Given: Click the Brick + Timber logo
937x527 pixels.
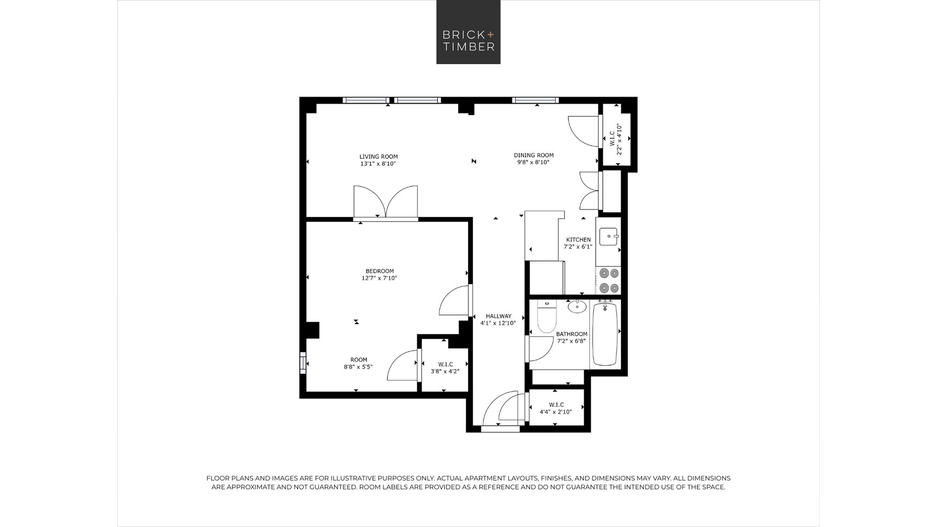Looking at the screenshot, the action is [x=468, y=32].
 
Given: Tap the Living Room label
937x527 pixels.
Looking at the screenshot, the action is [x=379, y=157].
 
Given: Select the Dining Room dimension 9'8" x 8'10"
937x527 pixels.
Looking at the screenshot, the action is [x=533, y=163].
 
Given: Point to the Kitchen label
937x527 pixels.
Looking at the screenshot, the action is [x=578, y=240].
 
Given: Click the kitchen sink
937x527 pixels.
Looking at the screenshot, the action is [x=608, y=237].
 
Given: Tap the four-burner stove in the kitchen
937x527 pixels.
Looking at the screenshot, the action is [x=609, y=280].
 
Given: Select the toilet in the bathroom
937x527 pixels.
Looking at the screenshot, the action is [x=546, y=317].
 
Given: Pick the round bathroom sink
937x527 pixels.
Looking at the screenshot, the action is [x=577, y=307].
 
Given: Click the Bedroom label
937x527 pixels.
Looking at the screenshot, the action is [x=379, y=271].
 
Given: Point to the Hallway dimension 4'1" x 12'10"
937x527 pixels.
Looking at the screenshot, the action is [x=498, y=323].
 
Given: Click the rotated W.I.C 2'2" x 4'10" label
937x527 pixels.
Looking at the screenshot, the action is [x=615, y=139].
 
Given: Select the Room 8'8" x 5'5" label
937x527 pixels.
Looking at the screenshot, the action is [x=358, y=364].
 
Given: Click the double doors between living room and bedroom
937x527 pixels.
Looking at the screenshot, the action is [x=386, y=202].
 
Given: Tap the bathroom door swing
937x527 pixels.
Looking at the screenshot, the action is [x=541, y=349].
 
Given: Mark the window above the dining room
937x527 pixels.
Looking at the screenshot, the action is [x=535, y=100].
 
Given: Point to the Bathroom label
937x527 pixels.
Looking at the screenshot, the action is [x=572, y=334].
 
